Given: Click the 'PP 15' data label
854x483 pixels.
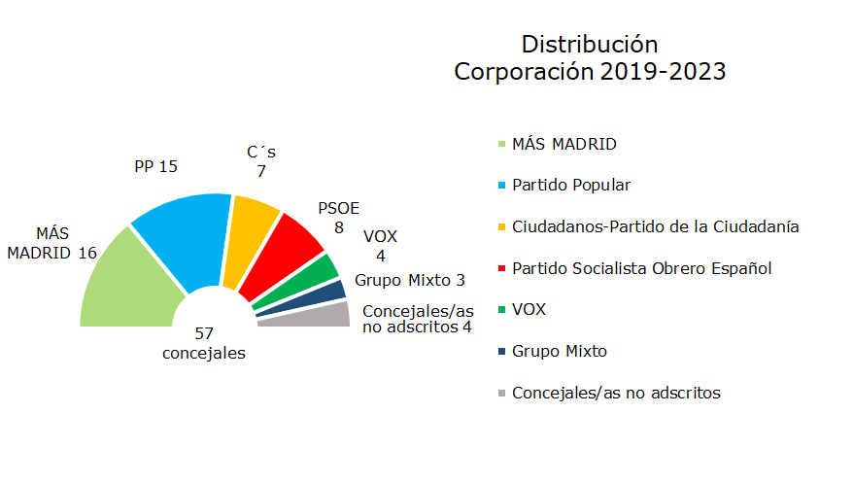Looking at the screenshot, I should [x=155, y=166].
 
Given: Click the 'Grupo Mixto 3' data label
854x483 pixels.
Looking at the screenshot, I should [x=410, y=281].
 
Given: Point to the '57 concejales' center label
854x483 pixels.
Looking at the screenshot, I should [x=204, y=343].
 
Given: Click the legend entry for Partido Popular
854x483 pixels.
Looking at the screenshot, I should [x=571, y=185].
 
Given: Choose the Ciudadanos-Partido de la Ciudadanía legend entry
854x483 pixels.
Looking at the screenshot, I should [x=655, y=226].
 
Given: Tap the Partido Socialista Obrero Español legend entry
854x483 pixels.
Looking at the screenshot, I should [x=641, y=268].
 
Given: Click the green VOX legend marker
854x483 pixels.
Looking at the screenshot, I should [x=502, y=311].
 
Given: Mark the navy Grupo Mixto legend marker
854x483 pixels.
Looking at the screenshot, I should [x=502, y=353].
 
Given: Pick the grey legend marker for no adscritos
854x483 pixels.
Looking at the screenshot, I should [x=502, y=395].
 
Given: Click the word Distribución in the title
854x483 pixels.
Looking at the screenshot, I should [x=590, y=45].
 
